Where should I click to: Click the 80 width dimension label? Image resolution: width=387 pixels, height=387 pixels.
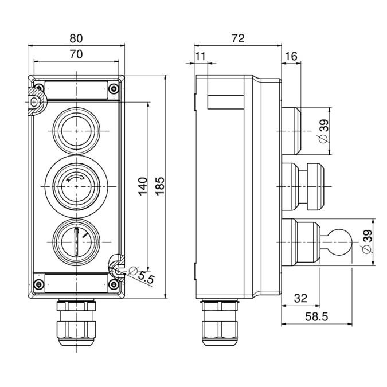click(76, 39)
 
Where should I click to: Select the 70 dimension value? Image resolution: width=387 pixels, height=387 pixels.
click(76, 54)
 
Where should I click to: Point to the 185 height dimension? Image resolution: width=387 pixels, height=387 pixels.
click(160, 185)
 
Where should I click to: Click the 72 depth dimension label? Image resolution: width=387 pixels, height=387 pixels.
click(237, 38)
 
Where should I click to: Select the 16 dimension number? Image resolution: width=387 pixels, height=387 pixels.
click(291, 56)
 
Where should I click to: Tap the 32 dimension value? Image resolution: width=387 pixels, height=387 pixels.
click(300, 298)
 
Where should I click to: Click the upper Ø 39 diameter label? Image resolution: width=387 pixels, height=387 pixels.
click(324, 132)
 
